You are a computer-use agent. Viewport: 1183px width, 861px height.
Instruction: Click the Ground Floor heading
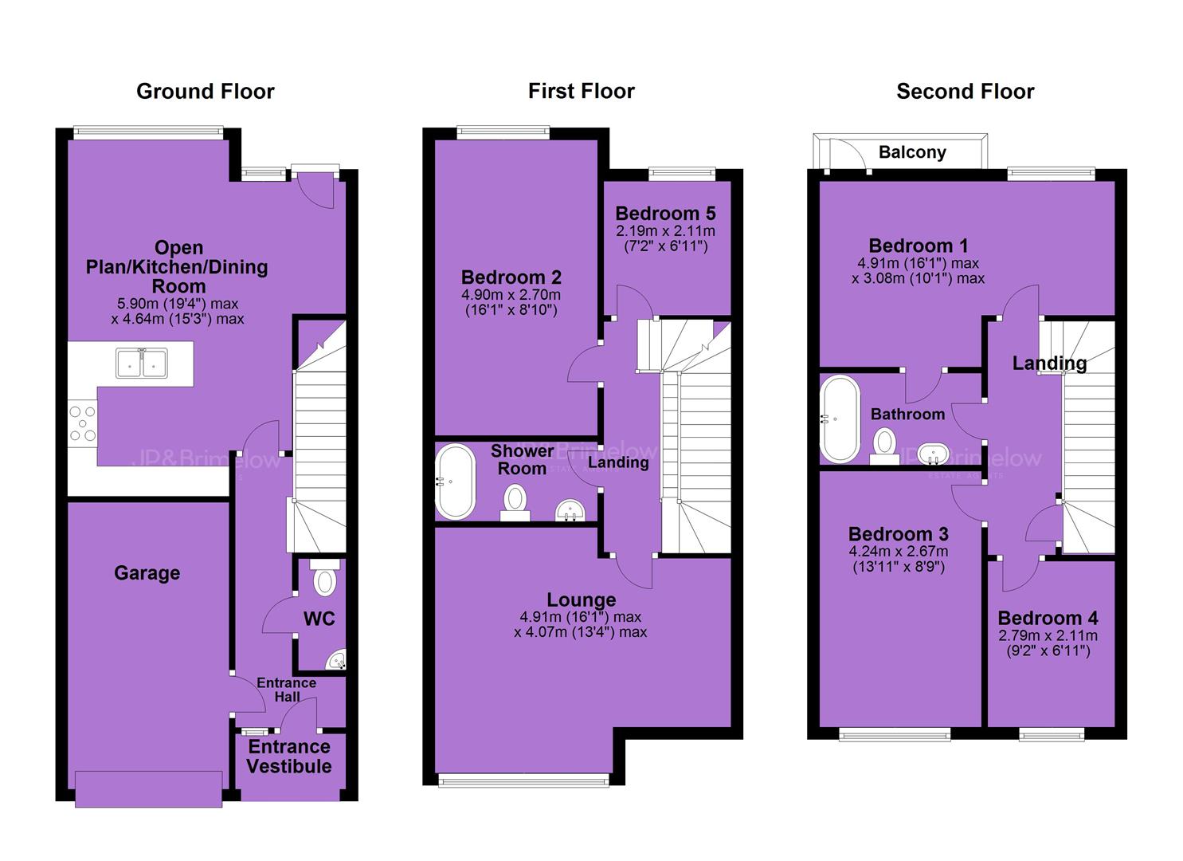pos(206,92)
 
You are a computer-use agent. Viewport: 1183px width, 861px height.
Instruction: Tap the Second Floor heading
pos(965,92)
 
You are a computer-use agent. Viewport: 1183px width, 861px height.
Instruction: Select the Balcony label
pos(912,153)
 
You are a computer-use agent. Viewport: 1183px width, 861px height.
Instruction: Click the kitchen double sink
pos(142,364)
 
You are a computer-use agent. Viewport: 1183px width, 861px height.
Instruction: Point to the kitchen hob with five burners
pos(83,423)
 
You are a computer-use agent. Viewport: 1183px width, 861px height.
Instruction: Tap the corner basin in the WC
pos(337,659)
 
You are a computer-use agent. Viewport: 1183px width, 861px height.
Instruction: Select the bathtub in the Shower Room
pos(455,482)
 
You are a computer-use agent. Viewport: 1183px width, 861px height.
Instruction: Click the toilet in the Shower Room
pos(515,502)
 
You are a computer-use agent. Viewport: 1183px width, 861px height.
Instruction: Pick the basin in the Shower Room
pos(570,510)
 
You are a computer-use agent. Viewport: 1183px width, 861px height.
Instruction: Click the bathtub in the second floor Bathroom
pos(840,419)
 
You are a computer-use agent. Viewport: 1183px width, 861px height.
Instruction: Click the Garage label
pos(147,573)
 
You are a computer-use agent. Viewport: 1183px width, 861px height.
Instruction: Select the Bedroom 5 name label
pos(665,214)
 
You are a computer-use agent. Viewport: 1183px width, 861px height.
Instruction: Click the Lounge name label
pos(581,600)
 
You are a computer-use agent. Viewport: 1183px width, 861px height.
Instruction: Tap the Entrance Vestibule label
pos(289,757)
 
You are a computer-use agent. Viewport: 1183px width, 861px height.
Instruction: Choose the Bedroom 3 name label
pos(899,534)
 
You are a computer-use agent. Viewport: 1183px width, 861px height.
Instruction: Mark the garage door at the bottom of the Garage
pos(148,789)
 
